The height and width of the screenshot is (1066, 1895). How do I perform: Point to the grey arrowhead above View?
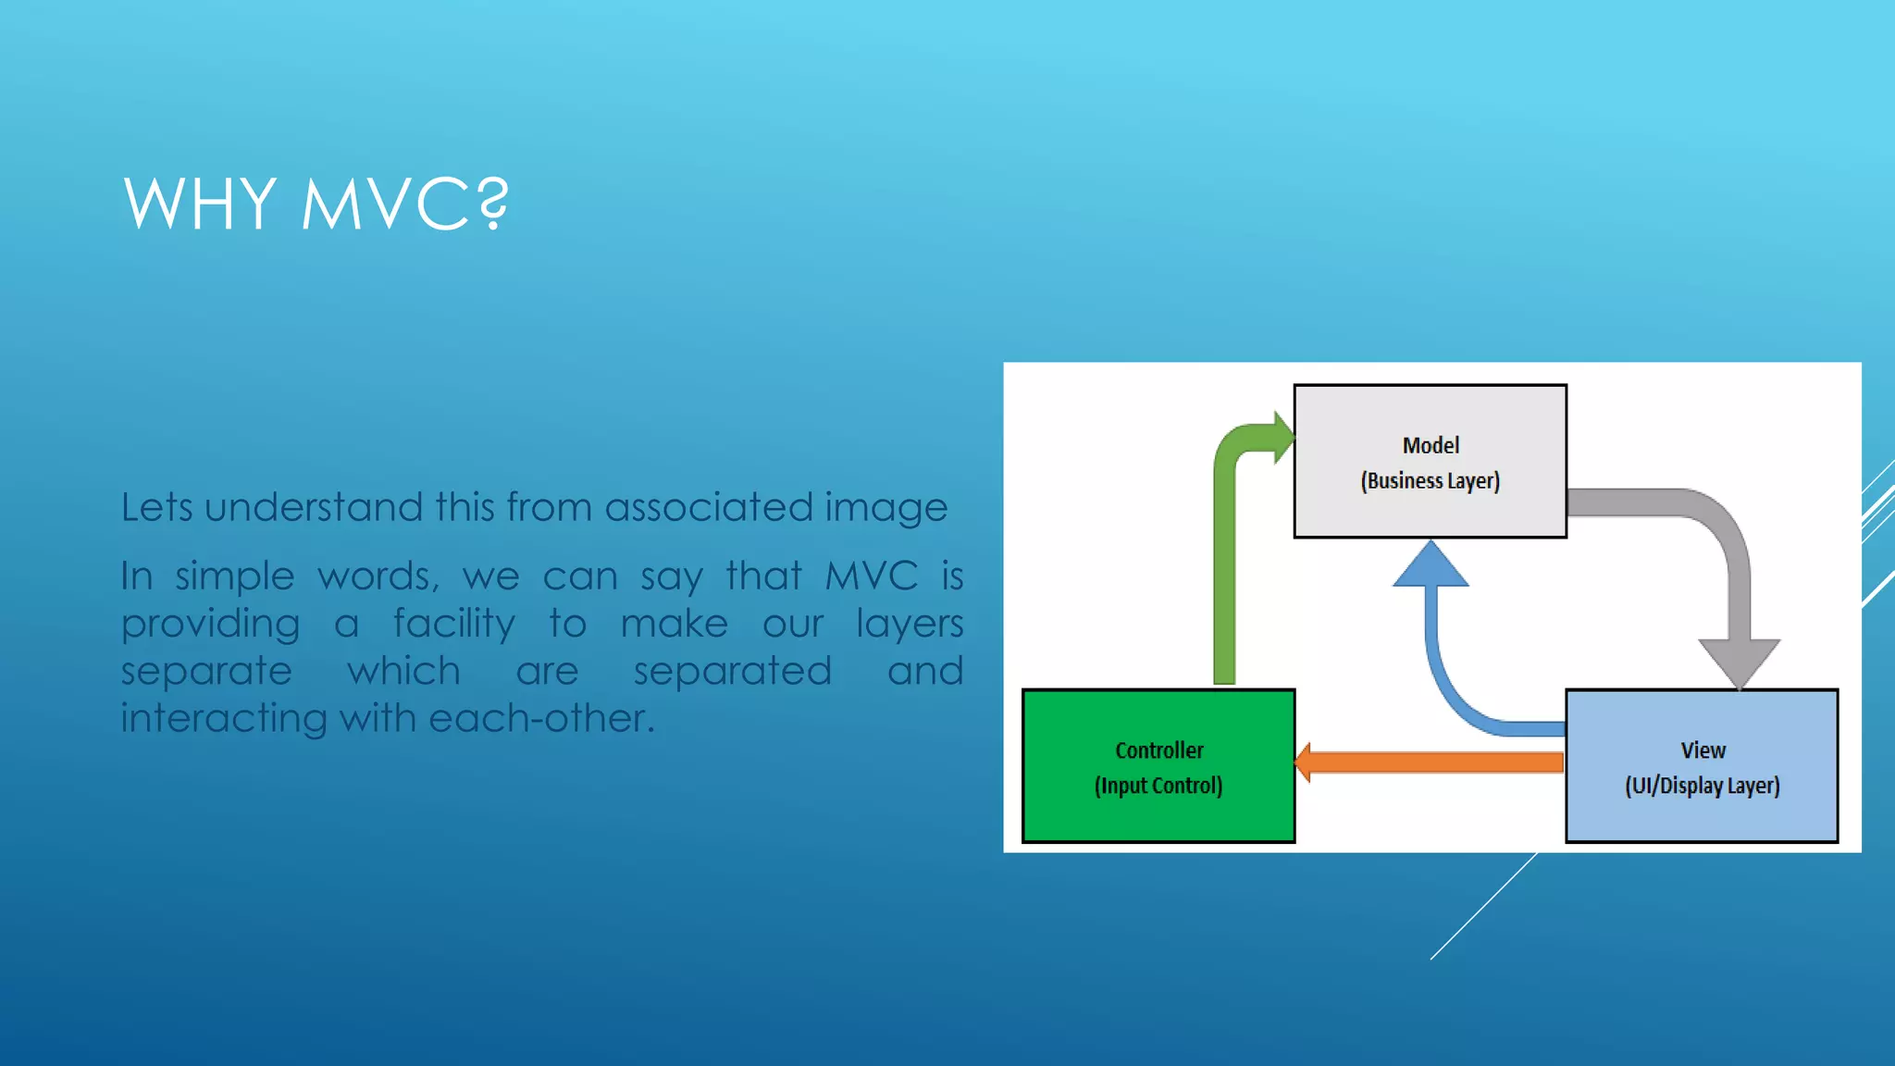pyautogui.click(x=1739, y=662)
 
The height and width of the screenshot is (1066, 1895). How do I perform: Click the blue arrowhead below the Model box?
pyautogui.click(x=1431, y=566)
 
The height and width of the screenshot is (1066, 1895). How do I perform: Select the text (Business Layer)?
pyautogui.click(x=1430, y=481)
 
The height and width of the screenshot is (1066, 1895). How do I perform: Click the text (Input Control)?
pyautogui.click(x=1158, y=786)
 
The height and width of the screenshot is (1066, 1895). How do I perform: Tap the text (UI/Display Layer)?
pyautogui.click(x=1702, y=786)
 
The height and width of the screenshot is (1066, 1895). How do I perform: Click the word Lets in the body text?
pyautogui.click(x=156, y=507)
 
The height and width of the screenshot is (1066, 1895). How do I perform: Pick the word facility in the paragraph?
pyautogui.click(x=453, y=624)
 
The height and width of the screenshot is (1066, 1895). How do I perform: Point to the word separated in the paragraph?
pyautogui.click(x=732, y=671)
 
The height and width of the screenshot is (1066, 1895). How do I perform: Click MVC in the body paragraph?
pyautogui.click(x=871, y=576)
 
